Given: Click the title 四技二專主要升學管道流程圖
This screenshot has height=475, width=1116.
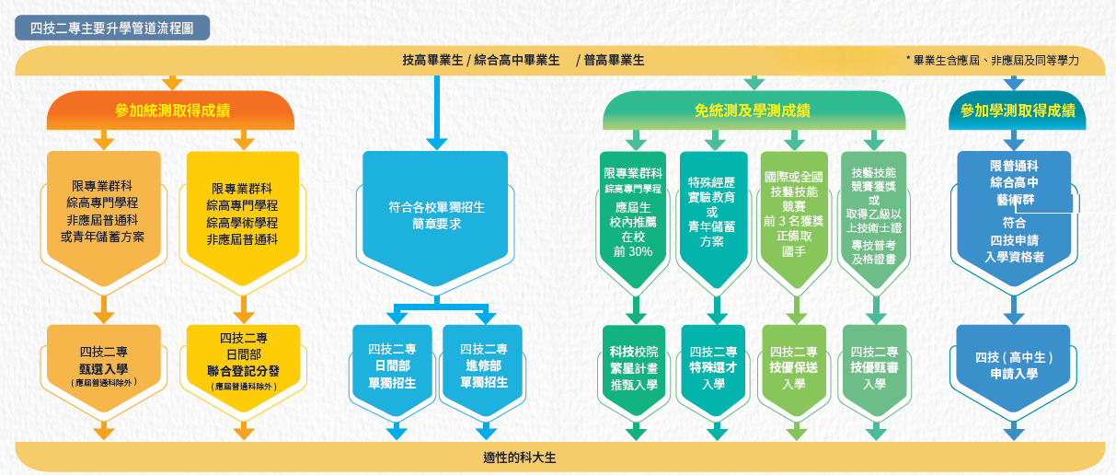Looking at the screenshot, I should [111, 28].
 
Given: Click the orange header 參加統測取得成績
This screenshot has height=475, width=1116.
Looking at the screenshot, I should [172, 110].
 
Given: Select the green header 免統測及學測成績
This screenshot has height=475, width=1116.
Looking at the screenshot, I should [752, 110].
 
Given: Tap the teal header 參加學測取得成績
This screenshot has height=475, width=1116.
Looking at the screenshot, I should [1017, 110].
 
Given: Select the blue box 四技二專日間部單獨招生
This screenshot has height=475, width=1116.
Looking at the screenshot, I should [392, 365].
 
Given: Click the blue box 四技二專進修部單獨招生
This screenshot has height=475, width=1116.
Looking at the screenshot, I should [484, 365].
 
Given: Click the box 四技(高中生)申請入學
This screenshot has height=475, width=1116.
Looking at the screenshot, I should [1013, 365].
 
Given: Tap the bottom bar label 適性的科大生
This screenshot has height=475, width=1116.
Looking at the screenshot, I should [520, 457].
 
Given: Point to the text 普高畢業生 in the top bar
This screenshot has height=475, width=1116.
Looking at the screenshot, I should [614, 60].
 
